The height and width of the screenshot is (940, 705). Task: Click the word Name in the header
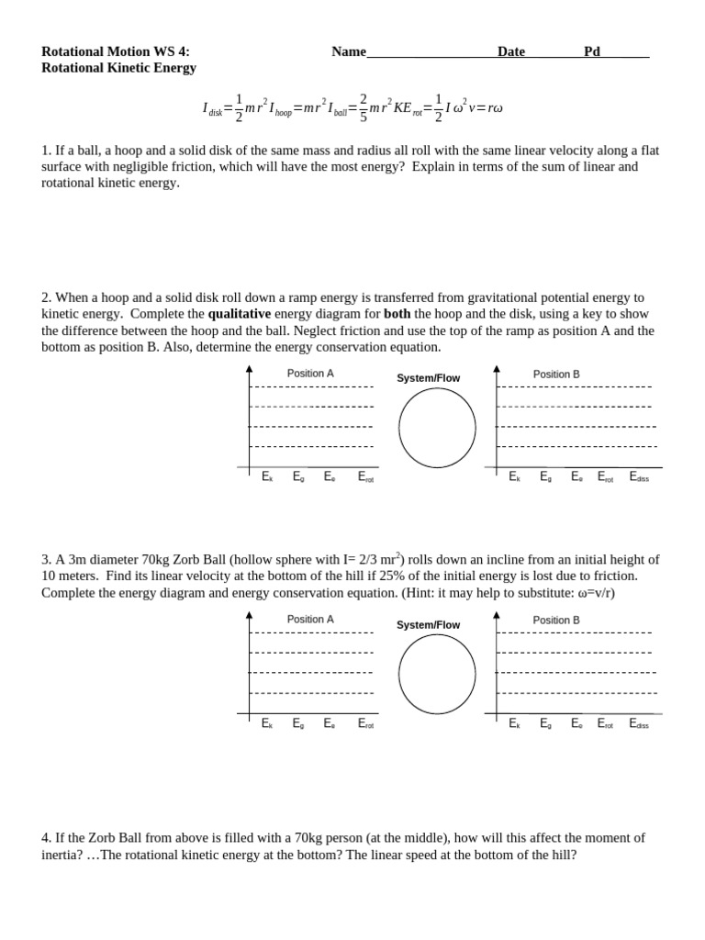coord(349,51)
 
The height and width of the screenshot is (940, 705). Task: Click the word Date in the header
coord(511,51)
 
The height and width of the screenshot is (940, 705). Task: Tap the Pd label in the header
coord(592,51)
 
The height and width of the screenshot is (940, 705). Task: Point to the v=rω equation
coord(485,107)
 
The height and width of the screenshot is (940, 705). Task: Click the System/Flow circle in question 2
coord(437,428)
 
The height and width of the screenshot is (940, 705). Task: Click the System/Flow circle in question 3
coord(437,674)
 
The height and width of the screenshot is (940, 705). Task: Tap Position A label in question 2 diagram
coord(310,374)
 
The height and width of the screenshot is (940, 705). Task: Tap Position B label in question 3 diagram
coord(556,620)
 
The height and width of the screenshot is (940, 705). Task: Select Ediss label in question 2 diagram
coord(639,477)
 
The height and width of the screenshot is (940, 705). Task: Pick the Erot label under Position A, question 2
coord(365,477)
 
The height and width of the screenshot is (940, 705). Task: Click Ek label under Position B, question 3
coord(514,723)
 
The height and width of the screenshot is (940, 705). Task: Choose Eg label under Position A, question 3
coord(298,723)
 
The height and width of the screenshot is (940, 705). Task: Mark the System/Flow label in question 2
coord(429,378)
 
